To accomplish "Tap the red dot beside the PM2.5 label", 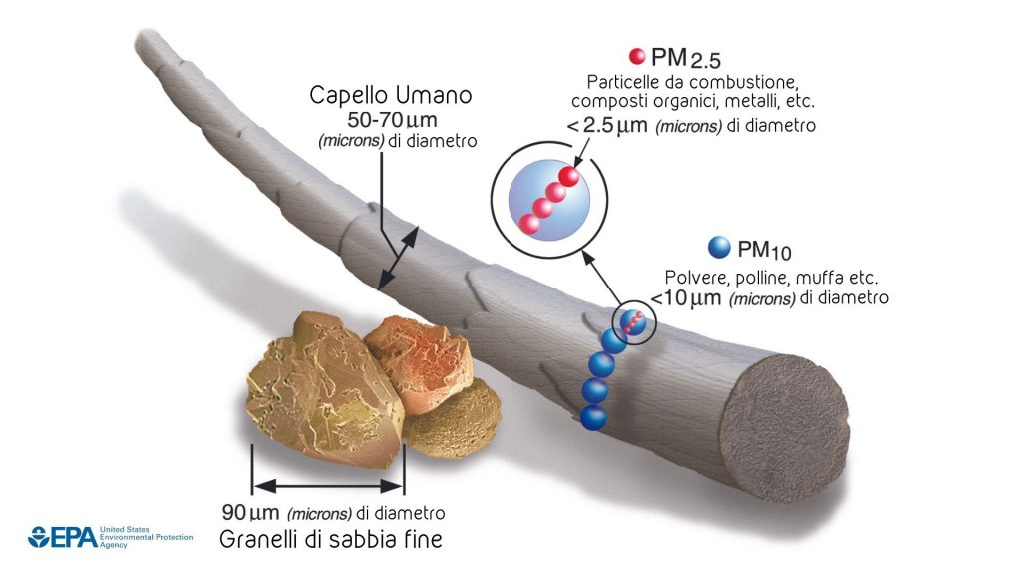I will (635, 56).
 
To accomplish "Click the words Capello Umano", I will (390, 96).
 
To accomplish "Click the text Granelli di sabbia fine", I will (331, 540).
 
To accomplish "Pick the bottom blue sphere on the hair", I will (593, 416).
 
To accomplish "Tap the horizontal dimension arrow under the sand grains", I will (328, 487).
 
